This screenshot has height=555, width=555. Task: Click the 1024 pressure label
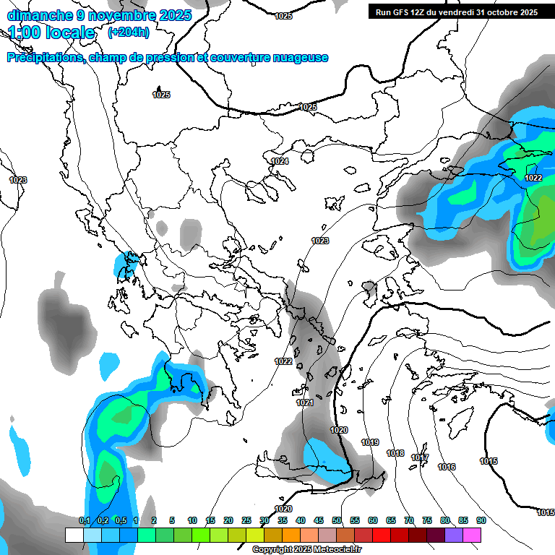pyautogui.click(x=280, y=161)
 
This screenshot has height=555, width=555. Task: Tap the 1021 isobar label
pyautogui.click(x=305, y=403)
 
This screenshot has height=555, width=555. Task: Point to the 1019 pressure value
pyautogui.click(x=370, y=442)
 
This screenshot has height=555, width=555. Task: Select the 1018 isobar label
pyautogui.click(x=395, y=453)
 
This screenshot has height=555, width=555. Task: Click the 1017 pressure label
pyautogui.click(x=420, y=458)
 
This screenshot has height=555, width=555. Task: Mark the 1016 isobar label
pyautogui.click(x=447, y=467)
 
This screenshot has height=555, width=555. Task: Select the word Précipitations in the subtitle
pyautogui.click(x=44, y=58)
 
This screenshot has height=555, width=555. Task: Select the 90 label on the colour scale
pyautogui.click(x=481, y=520)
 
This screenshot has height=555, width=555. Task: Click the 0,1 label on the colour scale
pyautogui.click(x=85, y=520)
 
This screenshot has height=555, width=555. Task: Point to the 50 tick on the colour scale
pyautogui.click(x=337, y=520)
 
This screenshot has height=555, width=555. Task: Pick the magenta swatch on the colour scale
pyautogui.click(x=472, y=535)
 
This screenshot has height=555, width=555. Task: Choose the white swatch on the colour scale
pyautogui.click(x=74, y=535)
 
